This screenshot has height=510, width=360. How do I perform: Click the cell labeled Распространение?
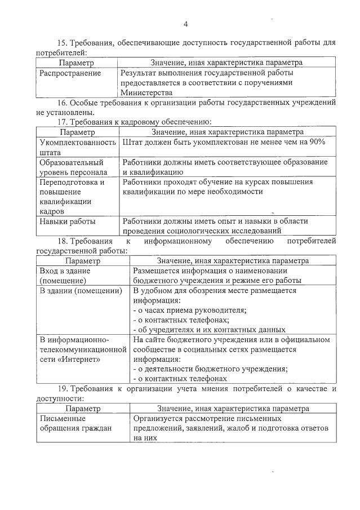(x=70, y=73)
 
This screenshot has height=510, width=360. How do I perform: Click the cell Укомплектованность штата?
(x=77, y=147)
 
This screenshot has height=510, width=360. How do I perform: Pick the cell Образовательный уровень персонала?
(x=73, y=167)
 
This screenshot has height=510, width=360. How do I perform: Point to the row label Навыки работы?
(x=67, y=221)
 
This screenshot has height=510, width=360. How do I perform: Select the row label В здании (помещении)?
(x=81, y=291)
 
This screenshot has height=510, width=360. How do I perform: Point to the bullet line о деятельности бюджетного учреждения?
(x=210, y=369)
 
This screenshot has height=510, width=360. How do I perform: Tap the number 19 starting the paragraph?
(x=64, y=388)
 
